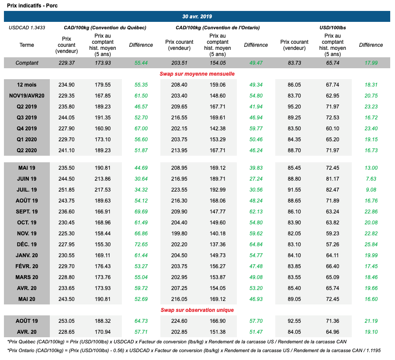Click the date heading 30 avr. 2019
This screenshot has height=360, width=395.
point(197,16)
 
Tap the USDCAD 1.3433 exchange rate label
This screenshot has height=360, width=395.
point(27,28)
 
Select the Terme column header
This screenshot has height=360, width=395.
point(27,45)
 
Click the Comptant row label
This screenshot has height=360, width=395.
point(27,63)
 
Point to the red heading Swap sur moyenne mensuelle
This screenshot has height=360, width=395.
point(197,74)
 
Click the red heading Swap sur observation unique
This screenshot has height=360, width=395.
point(197,310)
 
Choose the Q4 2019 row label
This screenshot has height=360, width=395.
point(27,129)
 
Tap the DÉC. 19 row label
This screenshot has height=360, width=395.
point(27,244)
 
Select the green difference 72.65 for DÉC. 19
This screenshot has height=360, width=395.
point(141,244)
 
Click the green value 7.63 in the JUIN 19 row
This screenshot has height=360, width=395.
point(371,178)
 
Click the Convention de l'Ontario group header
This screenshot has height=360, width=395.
point(218,28)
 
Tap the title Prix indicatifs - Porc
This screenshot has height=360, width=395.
point(32,5)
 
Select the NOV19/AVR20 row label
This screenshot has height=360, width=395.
point(27,96)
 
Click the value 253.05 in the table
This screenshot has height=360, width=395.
point(66,321)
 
